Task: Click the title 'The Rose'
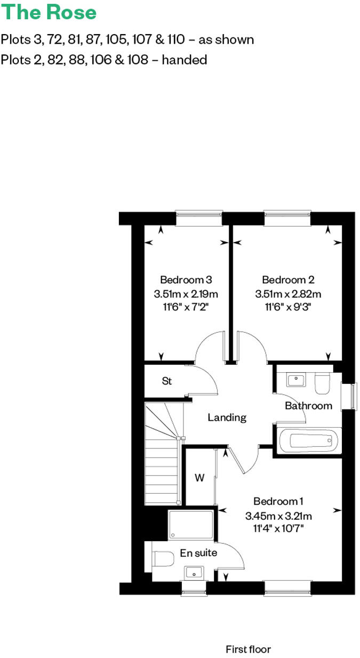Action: tap(49, 13)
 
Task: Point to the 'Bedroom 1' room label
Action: tap(278, 501)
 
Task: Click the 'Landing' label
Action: tap(227, 418)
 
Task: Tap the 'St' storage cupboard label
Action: tap(166, 381)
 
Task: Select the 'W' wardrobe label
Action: tap(199, 478)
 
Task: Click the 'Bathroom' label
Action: tap(308, 406)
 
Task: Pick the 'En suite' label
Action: tap(198, 553)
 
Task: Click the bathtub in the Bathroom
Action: tap(309, 440)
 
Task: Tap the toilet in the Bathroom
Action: tap(322, 383)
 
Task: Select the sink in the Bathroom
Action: tap(295, 380)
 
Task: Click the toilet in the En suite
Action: tap(162, 559)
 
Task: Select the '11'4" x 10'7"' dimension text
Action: tap(278, 528)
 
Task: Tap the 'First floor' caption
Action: tap(248, 649)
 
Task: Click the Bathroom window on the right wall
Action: tap(352, 397)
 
